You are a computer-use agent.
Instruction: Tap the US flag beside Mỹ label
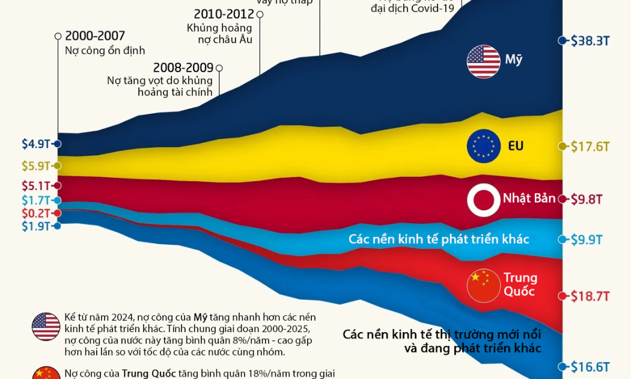(x=484, y=61)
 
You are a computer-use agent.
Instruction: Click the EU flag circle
(x=484, y=146)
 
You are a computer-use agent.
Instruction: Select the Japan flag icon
(x=484, y=200)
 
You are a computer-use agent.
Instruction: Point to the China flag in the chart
(x=484, y=285)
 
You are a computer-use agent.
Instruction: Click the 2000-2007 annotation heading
(x=95, y=36)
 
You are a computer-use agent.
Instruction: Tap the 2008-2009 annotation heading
(x=183, y=68)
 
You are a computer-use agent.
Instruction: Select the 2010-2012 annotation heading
(x=224, y=14)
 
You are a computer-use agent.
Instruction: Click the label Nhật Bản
(x=529, y=198)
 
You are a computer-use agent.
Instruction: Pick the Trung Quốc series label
(x=520, y=285)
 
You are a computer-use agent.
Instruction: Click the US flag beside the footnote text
(x=46, y=327)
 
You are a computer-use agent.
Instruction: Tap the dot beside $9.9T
(x=562, y=239)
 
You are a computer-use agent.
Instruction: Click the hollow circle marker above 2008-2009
(x=219, y=69)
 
